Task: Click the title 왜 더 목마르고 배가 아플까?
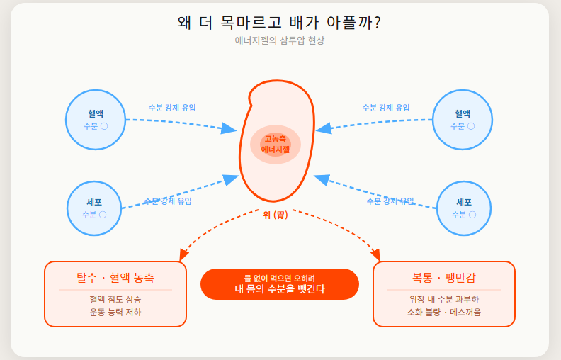click(280, 23)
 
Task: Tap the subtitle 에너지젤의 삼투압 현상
click(280, 41)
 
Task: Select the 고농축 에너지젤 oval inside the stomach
click(276, 145)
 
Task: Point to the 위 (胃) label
click(276, 215)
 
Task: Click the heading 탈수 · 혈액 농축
click(115, 277)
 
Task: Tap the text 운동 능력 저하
click(115, 312)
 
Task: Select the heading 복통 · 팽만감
click(444, 277)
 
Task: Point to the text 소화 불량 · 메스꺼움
click(444, 312)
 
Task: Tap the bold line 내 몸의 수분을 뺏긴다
click(280, 289)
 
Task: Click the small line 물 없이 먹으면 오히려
click(280, 278)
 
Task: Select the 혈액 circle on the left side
click(96, 119)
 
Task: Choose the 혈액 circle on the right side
click(463, 119)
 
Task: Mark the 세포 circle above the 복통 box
click(464, 208)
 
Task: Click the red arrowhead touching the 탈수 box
click(184, 254)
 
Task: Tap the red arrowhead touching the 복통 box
click(375, 254)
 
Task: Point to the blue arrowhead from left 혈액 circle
click(229, 129)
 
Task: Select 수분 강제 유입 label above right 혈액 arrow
click(386, 108)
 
